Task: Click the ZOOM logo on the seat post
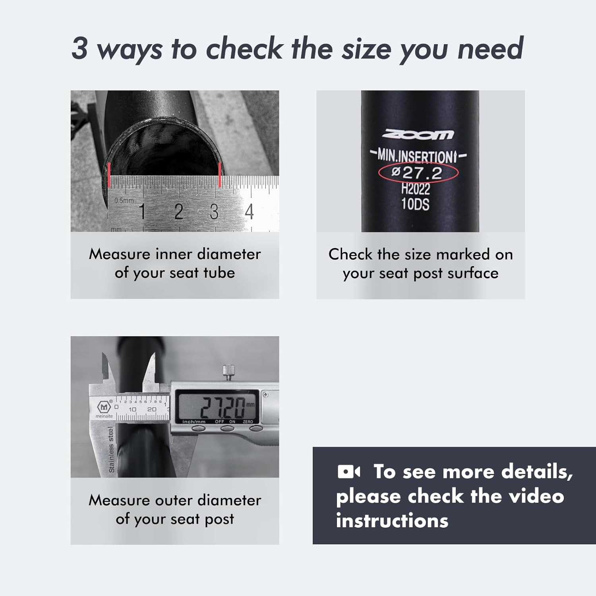pos(418,135)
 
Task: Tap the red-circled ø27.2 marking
pos(418,172)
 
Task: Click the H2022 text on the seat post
pos(416,188)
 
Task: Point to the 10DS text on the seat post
pos(415,204)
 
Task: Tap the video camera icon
pos(349,472)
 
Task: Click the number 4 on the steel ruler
pos(249,211)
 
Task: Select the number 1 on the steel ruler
pos(142,211)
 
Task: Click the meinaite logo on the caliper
pos(104,409)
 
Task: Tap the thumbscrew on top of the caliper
pos(228,373)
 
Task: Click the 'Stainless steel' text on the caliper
pos(111,450)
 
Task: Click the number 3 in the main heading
pos(79,48)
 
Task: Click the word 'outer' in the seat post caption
pos(174,500)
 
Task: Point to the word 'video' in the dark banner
pos(536,496)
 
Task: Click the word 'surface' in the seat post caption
pos(473,273)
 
